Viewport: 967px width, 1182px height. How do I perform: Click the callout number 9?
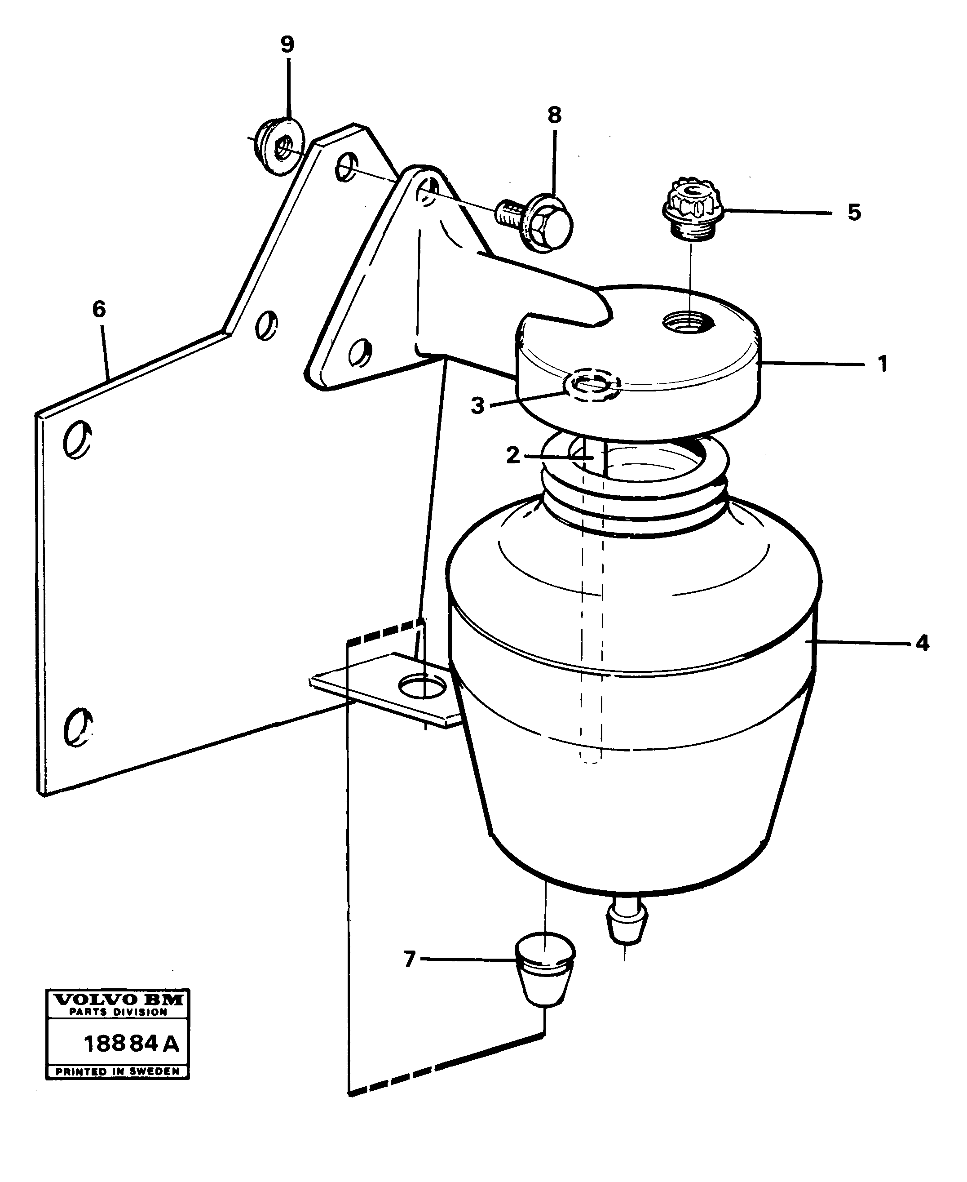coord(287,44)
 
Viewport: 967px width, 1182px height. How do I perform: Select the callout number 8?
coord(554,116)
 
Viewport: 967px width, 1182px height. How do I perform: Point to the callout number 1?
coord(882,364)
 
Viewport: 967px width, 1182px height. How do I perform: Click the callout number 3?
coord(477,406)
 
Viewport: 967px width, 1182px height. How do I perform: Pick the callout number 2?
coord(512,455)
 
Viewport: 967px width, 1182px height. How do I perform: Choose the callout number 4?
coord(923,644)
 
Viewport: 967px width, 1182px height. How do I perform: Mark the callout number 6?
coord(99,309)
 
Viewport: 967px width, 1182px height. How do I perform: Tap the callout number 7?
coord(410,960)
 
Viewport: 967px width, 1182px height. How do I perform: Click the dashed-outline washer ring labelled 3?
coord(592,385)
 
